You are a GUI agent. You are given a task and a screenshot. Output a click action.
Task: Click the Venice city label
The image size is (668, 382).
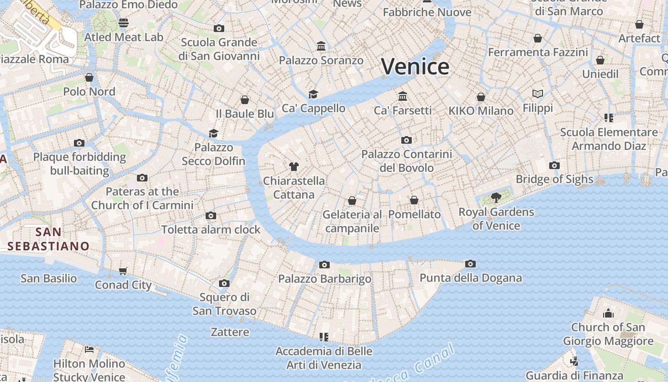pos(415,66)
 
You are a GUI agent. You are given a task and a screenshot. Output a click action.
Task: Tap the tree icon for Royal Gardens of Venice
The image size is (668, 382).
pos(496,197)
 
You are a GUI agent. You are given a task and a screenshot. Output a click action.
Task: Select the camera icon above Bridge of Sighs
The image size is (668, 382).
pos(554,166)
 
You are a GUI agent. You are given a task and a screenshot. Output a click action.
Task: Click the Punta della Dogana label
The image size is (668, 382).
pos(470,278)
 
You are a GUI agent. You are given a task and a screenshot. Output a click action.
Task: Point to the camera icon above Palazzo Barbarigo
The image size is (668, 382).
pos(324,265)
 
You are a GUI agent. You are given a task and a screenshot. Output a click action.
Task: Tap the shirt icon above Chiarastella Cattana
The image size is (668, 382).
pos(294,167)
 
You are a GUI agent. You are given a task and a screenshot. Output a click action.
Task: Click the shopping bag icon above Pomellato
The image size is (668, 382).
pos(414,200)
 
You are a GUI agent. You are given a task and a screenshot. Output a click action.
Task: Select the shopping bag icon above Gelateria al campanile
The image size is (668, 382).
pos(352,201)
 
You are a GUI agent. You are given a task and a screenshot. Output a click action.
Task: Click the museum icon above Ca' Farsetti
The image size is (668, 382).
pos(403,96)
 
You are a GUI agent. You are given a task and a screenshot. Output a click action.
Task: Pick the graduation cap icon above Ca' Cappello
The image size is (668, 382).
pos(313,94)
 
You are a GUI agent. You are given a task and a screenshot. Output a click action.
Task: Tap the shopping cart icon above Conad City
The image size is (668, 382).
pos(123,271)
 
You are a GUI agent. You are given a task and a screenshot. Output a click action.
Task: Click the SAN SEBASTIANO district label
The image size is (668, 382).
pos(49,239)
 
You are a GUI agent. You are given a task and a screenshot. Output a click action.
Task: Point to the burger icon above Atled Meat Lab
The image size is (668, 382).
pos(124,23)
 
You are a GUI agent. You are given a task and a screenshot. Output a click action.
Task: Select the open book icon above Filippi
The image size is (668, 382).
pos(538,94)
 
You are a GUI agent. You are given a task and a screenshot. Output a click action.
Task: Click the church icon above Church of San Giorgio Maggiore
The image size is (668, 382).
pos(608,313)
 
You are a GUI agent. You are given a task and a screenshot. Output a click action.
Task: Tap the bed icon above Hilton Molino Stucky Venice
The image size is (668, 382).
pos(89,349)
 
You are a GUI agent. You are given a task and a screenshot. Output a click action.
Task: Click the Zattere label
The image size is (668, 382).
pos(230,332)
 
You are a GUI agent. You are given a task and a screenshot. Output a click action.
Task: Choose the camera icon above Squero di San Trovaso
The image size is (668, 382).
pos(224,284)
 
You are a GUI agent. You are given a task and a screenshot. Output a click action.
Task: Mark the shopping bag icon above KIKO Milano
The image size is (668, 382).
pos(481,97)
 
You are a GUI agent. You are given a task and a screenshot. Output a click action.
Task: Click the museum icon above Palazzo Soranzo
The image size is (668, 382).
pos(321,46)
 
